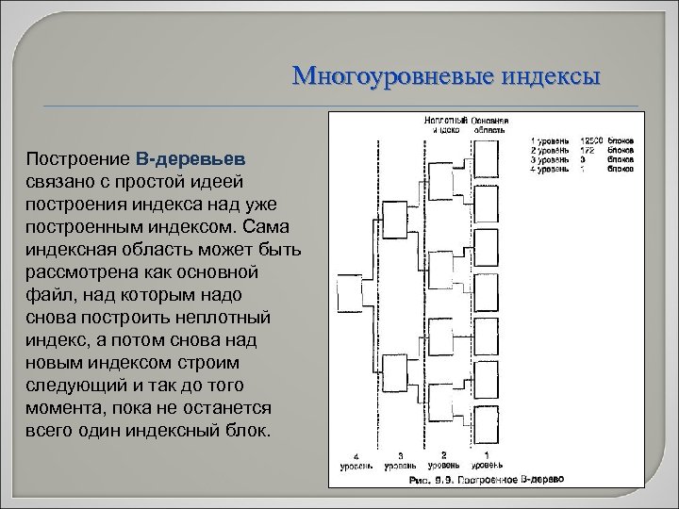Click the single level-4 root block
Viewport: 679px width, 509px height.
(x=353, y=290)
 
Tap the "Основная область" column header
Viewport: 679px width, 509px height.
(x=490, y=124)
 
